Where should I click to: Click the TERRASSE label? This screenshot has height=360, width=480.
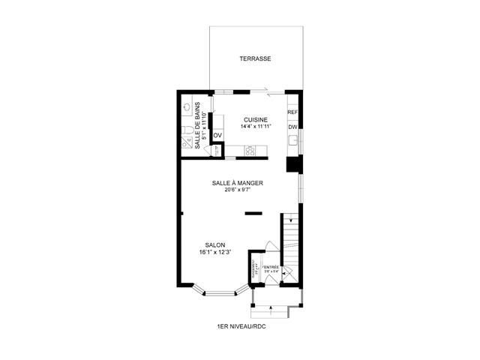point(255,58)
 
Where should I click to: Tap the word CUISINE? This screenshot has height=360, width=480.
point(256,119)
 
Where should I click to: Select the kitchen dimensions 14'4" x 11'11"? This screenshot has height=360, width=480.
point(256,127)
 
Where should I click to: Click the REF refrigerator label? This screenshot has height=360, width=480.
point(292,112)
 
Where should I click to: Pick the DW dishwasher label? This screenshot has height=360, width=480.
point(292,127)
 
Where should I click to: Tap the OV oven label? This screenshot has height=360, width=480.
point(217,136)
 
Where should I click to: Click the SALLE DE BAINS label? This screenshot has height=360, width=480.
point(199,124)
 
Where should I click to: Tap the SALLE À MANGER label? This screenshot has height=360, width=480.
point(237,182)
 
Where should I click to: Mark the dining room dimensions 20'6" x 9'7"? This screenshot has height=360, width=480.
point(237,190)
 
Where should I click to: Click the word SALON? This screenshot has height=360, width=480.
point(214,245)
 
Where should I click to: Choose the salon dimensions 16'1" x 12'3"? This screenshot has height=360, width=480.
point(214,253)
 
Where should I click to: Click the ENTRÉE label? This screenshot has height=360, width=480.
point(271,267)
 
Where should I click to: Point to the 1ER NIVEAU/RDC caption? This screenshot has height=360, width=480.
point(241,326)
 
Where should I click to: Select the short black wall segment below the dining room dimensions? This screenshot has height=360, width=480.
point(253,213)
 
